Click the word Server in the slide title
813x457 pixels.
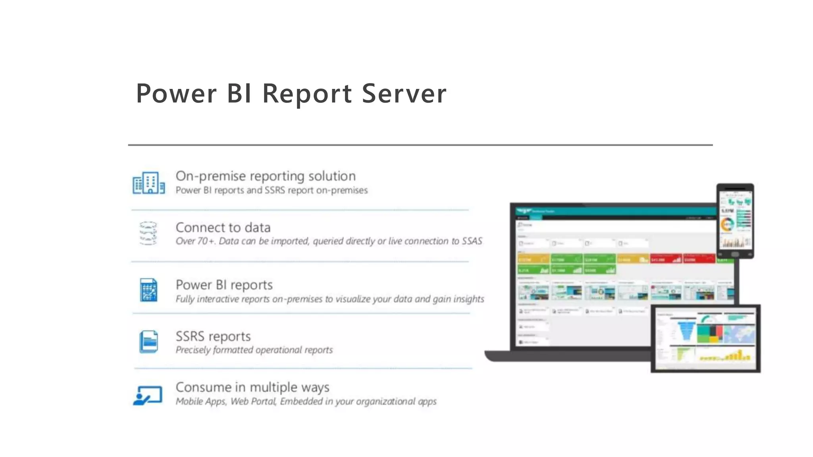click(404, 94)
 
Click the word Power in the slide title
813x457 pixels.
click(176, 94)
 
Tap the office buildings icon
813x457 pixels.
click(148, 183)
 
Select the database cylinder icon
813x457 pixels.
click(148, 233)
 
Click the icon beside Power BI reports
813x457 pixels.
click(148, 290)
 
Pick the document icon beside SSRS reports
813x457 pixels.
click(148, 342)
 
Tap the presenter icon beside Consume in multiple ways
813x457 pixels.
click(148, 395)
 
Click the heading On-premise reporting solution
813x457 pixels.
click(266, 176)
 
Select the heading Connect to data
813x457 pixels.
click(223, 228)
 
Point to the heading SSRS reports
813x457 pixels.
click(213, 336)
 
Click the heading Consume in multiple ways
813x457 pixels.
click(252, 387)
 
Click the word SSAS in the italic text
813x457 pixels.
click(472, 241)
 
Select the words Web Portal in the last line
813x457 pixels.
click(253, 401)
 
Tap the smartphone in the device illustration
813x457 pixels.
click(735, 221)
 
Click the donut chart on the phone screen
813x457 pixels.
click(727, 225)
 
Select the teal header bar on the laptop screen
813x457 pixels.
click(615, 211)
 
